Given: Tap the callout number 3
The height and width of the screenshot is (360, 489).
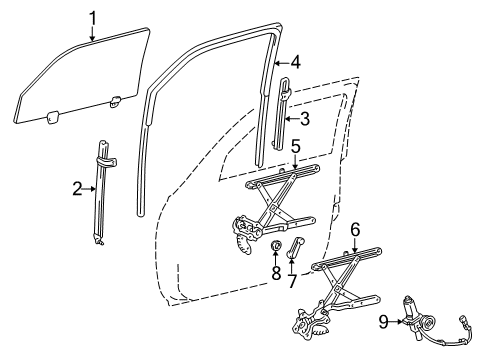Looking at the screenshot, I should tap(303, 120).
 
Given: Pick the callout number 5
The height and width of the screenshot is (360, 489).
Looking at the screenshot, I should tap(296, 146).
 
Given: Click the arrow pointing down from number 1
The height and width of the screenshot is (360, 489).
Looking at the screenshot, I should tap(92, 33).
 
